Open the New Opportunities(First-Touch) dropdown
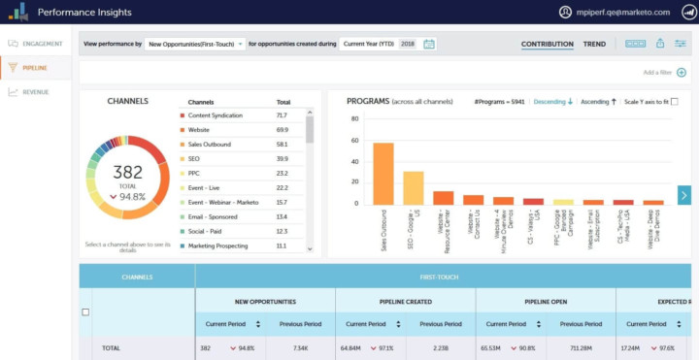pos(194,44)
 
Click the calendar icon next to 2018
pos(429,44)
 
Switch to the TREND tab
pos(594,44)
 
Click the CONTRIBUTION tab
pos(547,44)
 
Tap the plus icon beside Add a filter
pos(682,72)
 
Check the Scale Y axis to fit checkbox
pos(675,101)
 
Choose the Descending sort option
pos(553,101)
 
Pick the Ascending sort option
pos(599,101)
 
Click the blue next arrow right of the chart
pos(683,195)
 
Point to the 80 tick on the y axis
pos(354,118)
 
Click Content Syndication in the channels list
pos(216,115)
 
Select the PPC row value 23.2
pos(282,174)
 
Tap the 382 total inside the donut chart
pos(129,171)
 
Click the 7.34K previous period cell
pos(300,346)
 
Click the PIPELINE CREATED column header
pos(405,302)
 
